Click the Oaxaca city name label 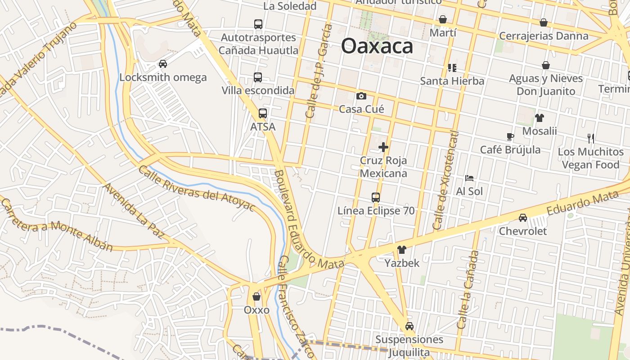click(377, 46)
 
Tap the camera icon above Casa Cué click(361, 96)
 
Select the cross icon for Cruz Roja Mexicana click(383, 147)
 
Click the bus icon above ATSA click(263, 113)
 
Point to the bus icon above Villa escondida click(258, 77)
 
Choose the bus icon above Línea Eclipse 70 click(376, 197)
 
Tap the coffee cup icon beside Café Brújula click(510, 136)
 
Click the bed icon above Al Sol click(469, 178)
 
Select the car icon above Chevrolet click(523, 218)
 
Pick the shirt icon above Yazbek click(402, 250)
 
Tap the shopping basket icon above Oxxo click(256, 297)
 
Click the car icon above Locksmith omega click(163, 64)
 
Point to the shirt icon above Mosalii click(540, 118)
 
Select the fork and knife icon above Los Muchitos click(591, 138)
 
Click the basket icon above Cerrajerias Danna click(544, 22)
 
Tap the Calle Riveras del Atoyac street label click(197, 189)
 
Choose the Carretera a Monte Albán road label click(56, 225)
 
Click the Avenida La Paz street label click(133, 210)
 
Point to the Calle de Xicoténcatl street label click(445, 180)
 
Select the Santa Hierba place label click(452, 81)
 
